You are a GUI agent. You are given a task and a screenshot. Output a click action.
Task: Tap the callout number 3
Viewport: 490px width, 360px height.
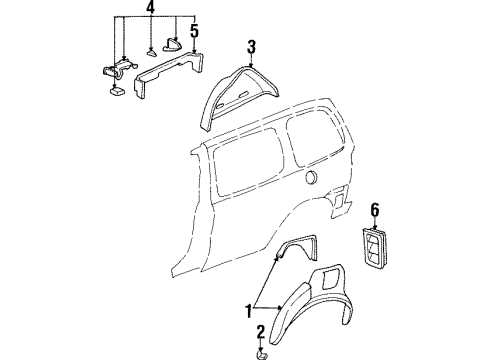click(252, 45)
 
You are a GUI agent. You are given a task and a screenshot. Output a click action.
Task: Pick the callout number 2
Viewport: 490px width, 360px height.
click(261, 331)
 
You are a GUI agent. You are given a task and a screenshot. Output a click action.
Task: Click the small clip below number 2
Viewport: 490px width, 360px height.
click(262, 353)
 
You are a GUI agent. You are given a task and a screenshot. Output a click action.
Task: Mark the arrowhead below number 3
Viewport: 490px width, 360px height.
click(252, 62)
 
